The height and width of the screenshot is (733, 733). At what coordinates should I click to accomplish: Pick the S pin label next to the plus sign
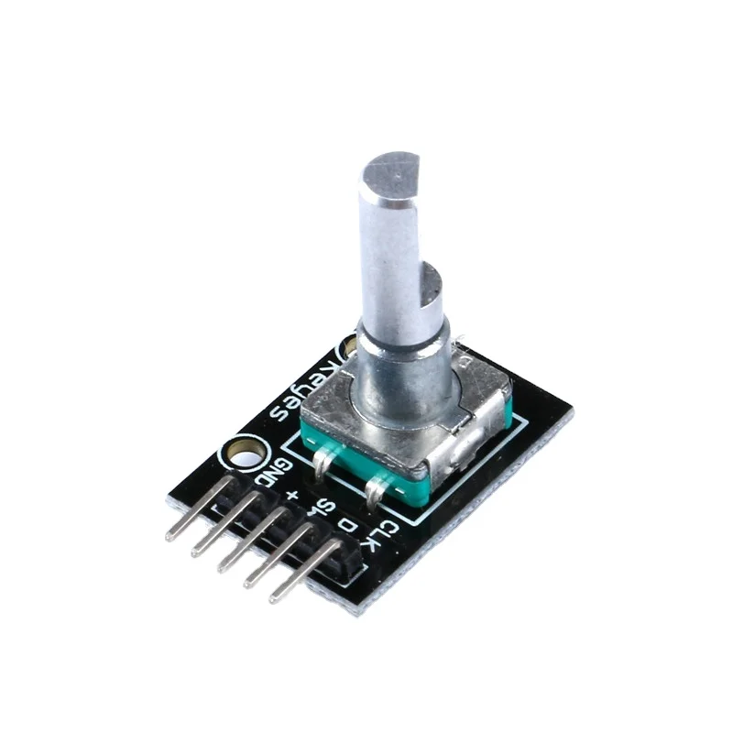(x=319, y=509)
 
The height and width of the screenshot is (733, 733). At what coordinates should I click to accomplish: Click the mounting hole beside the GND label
(x=245, y=453)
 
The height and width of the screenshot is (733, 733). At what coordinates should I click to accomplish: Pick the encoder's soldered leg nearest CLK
(x=375, y=495)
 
